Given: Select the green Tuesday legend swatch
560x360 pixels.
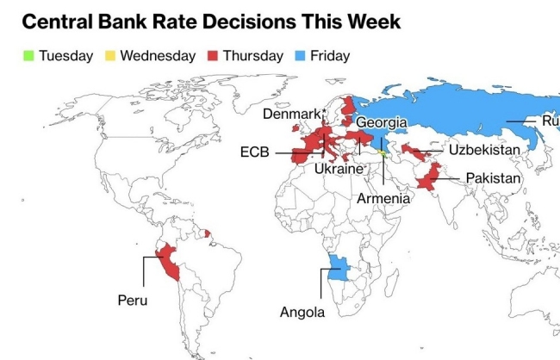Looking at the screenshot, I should (x=28, y=56).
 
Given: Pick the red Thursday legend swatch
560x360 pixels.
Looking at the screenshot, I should (x=213, y=56).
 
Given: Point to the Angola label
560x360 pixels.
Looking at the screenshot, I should (x=302, y=313).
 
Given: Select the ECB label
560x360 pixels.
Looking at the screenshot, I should (x=255, y=152).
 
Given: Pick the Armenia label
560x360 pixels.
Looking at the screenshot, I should (x=383, y=198).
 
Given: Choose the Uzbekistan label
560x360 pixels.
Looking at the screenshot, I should (x=484, y=150).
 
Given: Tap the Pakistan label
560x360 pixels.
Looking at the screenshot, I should (x=493, y=178).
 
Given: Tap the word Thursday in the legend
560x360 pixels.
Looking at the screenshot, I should (x=252, y=56).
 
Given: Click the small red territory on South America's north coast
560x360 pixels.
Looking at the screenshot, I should (x=207, y=232).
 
